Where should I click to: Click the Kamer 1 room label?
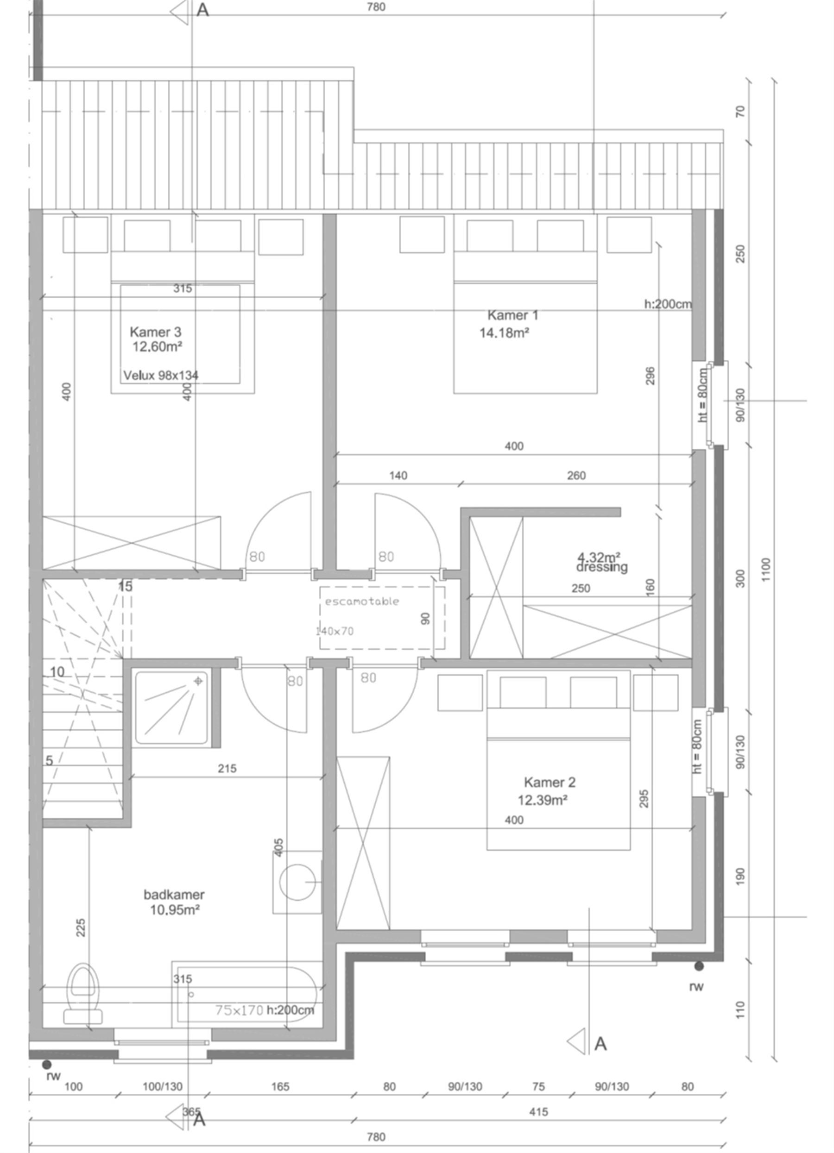[512, 315]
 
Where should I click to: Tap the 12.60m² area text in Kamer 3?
[157, 347]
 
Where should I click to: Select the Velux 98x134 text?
[161, 376]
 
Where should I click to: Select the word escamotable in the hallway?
[362, 602]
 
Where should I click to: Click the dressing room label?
[602, 567]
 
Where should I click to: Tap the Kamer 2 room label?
[549, 783]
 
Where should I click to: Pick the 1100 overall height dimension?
[766, 570]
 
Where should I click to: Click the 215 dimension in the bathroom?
[227, 769]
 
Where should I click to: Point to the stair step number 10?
[57, 672]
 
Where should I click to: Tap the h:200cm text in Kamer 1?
[668, 304]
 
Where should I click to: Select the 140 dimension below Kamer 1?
[398, 476]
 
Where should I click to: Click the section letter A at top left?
[202, 10]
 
